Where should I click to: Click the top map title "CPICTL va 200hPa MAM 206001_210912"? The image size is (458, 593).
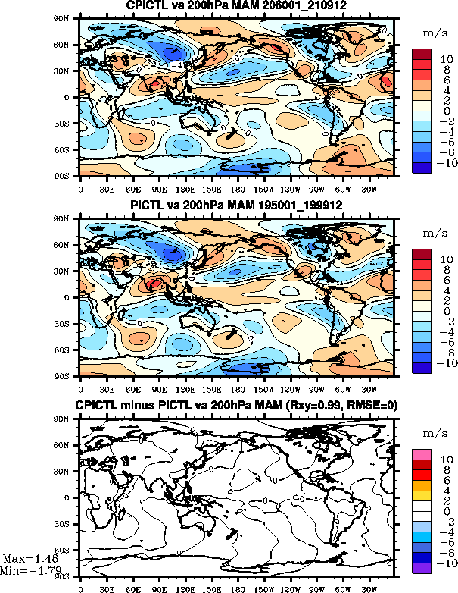coord(237,7)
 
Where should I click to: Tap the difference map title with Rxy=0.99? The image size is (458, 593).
coord(237,406)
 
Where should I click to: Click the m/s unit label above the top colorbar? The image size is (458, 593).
coord(432,33)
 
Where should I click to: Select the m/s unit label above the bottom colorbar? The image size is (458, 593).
coord(432,432)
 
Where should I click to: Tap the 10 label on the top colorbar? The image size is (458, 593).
coord(446,59)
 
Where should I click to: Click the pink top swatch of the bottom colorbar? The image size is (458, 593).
coord(422,453)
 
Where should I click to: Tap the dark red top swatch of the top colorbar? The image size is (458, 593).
coord(422,54)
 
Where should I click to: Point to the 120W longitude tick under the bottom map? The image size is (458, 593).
coord(290,588)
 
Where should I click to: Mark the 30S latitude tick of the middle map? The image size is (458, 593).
coord(67,324)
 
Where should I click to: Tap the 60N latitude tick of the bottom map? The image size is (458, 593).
coord(67,445)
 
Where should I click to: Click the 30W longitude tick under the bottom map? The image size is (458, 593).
coord(369,588)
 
